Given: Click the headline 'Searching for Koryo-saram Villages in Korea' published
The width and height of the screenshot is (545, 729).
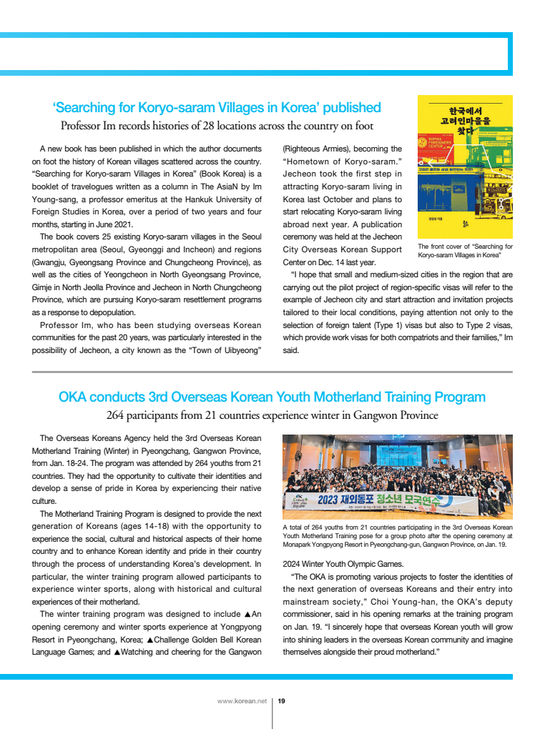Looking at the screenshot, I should click(x=217, y=108).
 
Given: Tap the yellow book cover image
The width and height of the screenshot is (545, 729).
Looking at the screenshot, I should click(x=465, y=167).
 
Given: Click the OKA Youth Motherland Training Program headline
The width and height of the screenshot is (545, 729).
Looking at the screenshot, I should click(x=272, y=397).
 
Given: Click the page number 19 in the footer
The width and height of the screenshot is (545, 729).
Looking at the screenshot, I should click(x=281, y=701).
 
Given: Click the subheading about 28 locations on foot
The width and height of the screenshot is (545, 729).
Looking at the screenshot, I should click(x=217, y=127).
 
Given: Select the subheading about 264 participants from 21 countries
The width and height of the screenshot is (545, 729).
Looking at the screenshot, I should click(x=272, y=415).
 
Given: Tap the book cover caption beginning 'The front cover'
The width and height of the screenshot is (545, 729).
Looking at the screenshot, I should click(x=465, y=250).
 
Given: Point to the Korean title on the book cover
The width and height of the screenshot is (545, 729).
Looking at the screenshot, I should click(x=465, y=117).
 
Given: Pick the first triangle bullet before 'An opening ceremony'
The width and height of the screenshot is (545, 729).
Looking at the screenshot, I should click(x=247, y=614).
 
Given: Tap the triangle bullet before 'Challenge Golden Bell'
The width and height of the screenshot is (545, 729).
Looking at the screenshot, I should click(x=150, y=627).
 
